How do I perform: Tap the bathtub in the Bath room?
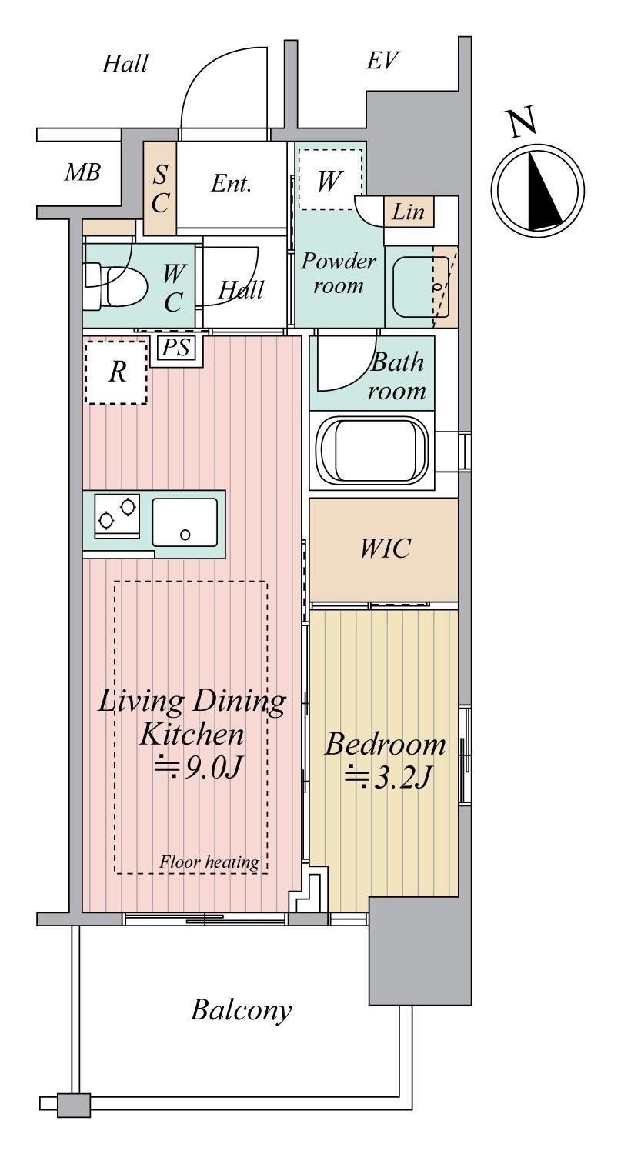click(373, 450)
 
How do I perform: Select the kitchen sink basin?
click(185, 522)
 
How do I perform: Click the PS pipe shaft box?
click(176, 348)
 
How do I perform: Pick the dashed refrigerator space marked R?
click(116, 371)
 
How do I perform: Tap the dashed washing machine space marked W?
click(329, 179)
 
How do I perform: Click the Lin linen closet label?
click(409, 212)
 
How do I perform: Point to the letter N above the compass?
click(523, 124)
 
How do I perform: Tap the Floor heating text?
click(209, 862)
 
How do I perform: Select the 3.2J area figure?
click(387, 778)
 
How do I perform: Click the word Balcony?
click(241, 1010)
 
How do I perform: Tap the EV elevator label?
click(382, 61)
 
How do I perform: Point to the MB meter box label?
click(82, 172)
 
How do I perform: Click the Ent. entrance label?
click(232, 184)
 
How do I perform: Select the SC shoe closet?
click(160, 188)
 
